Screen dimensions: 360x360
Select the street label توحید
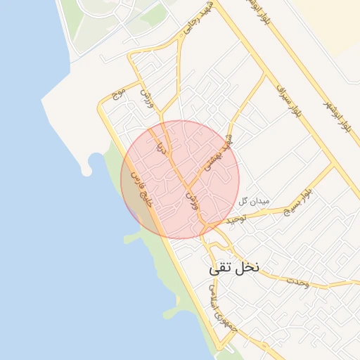point(238,220)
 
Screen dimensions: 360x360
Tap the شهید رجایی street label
point(189,29)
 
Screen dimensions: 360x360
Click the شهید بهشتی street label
point(218,155)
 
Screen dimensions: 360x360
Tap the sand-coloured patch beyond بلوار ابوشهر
point(330,21)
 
